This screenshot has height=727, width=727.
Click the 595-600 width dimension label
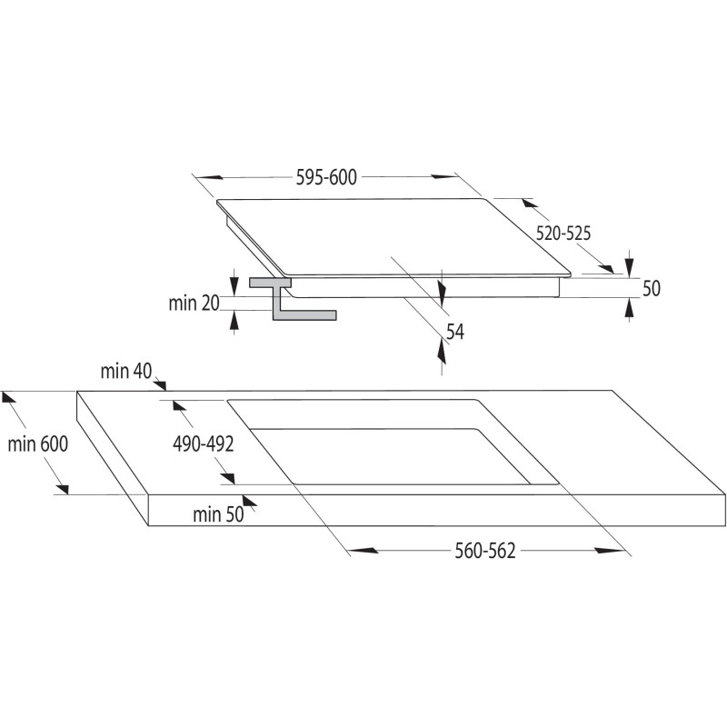coord(326,177)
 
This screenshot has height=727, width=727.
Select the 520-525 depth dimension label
coord(563,233)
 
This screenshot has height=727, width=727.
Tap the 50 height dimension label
coord(651,288)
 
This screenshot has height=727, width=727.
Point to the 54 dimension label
coord(455,332)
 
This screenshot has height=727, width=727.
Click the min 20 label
coord(194,304)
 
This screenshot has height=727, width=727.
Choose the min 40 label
coord(126,371)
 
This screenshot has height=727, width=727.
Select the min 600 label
coord(37,443)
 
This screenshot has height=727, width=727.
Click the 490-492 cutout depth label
coord(203,444)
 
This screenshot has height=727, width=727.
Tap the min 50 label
coord(218,514)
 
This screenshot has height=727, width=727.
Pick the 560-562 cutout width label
coord(485,551)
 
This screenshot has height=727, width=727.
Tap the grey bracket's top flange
coord(270,283)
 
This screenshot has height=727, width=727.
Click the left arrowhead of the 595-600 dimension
coord(209,177)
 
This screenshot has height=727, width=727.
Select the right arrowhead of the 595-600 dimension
coord(444,176)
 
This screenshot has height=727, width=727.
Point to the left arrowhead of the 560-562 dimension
coord(363,551)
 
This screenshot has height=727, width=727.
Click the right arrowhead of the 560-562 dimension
coord(610,551)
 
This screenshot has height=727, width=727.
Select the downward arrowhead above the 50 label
coord(629,264)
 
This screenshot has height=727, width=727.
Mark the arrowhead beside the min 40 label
coord(161,384)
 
